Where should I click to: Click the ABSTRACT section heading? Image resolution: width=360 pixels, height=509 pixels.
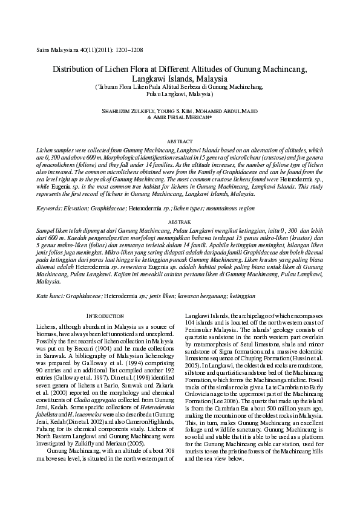[x=179, y=139]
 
